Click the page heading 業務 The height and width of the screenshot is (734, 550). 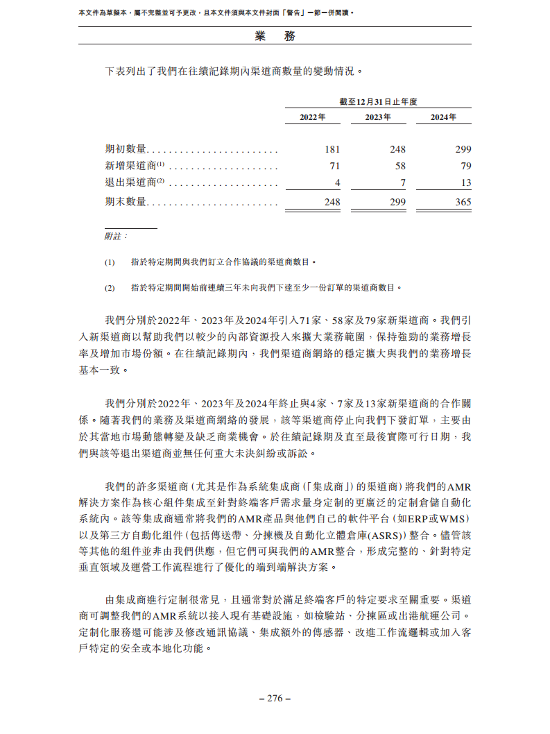pos(275,36)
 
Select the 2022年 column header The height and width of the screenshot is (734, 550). pos(312,117)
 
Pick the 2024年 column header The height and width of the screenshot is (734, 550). pos(443,117)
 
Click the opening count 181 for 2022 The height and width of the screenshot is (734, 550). pos(332,149)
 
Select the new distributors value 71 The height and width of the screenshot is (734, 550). pos(335,166)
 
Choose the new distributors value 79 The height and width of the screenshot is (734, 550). pos(465,166)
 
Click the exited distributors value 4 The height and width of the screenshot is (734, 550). pos(338,182)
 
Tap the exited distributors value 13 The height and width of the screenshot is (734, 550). pos(465,182)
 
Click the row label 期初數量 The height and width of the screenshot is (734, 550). pos(126,149)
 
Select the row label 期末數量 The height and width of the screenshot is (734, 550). pos(126,202)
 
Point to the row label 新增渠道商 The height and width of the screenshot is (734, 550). pos(130,166)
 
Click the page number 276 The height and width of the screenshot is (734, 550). pos(275,698)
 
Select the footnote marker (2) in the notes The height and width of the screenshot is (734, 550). pos(110,287)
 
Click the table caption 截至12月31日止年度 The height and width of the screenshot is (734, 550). pos(378,101)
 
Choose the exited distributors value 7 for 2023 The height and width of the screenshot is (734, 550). pos(403,182)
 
